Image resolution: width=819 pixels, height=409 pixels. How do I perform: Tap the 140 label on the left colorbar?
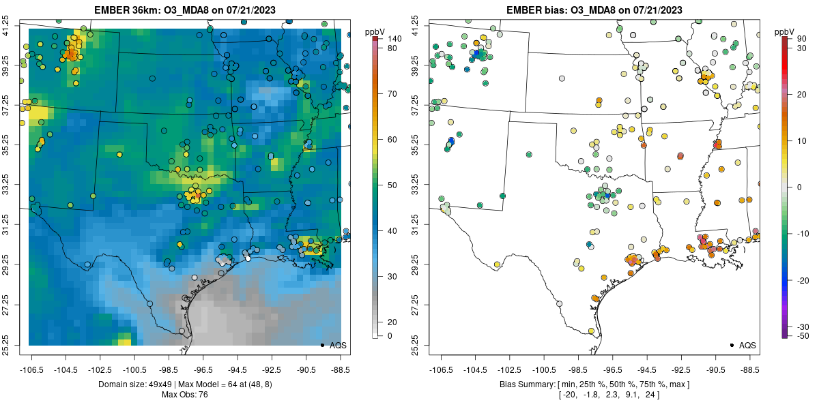(x=394, y=39)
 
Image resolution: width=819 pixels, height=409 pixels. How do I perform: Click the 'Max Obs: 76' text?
(x=184, y=395)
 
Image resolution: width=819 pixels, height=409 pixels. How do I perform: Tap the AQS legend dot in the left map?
(x=321, y=345)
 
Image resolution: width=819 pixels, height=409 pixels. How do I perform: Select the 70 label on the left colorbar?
(x=392, y=94)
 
